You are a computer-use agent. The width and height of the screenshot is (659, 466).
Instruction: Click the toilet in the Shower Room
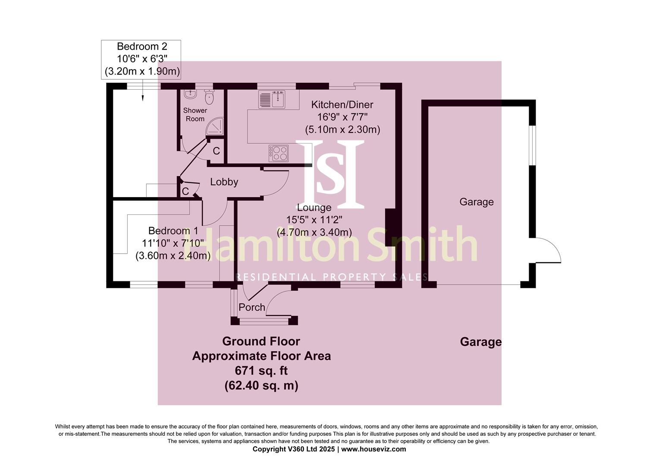tap(210, 97)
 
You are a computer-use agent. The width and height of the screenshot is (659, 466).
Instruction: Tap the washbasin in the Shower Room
tap(190, 94)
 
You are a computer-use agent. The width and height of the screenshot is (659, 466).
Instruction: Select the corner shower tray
tap(216, 126)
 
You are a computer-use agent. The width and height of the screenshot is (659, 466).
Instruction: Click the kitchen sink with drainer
tap(272, 100)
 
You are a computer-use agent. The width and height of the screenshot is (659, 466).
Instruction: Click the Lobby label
tap(224, 182)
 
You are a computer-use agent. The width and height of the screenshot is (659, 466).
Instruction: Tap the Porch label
tap(252, 307)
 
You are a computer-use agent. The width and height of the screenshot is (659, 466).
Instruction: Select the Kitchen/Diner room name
tap(342, 104)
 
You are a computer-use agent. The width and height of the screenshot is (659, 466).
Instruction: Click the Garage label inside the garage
tap(476, 202)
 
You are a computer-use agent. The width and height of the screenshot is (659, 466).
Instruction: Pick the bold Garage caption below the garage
tap(480, 342)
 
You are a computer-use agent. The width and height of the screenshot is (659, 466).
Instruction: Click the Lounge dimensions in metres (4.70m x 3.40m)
tap(314, 232)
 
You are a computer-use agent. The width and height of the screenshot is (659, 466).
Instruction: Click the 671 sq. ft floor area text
tap(261, 371)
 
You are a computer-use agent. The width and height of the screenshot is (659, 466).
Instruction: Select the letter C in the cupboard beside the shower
tap(217, 151)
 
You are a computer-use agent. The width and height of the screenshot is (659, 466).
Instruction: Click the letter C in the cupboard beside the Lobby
tap(185, 191)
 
